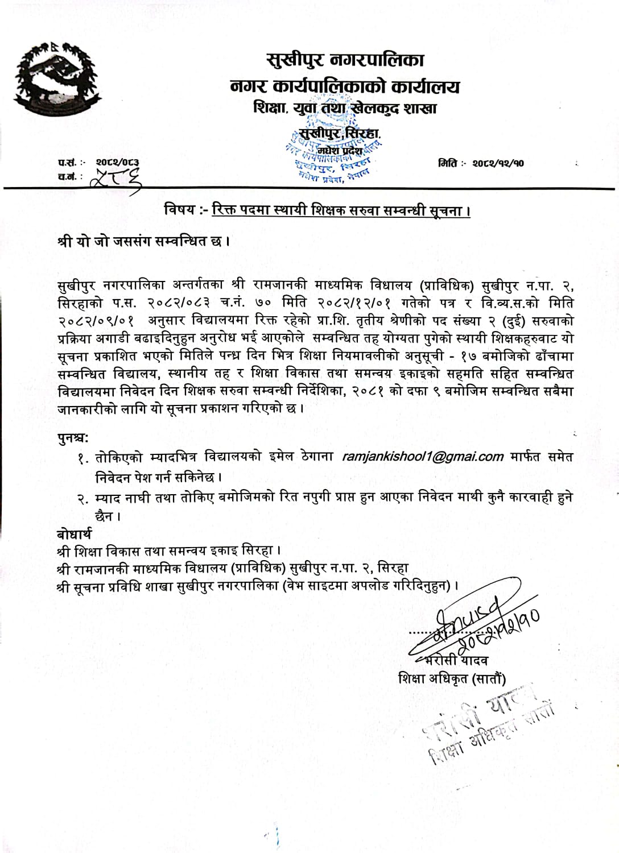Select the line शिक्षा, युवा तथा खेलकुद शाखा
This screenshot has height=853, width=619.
tap(345, 108)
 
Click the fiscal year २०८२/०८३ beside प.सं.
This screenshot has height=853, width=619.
tap(117, 163)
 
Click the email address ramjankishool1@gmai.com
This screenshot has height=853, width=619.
tap(415, 456)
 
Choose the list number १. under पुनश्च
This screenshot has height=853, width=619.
tap(84, 458)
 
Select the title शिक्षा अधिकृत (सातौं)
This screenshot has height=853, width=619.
tap(453, 678)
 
